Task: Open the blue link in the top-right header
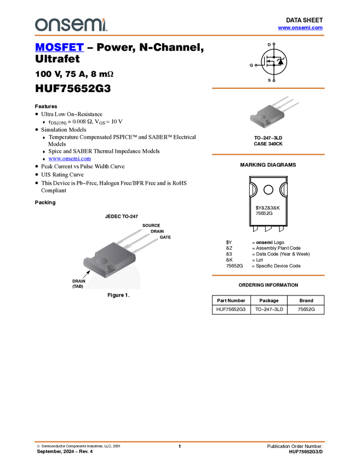(x=300, y=28)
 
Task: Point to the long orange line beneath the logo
(x=179, y=36)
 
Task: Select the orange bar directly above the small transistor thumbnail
(x=268, y=88)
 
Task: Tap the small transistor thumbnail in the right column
(x=274, y=112)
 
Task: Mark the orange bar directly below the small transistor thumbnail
(x=268, y=155)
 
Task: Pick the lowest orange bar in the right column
(x=268, y=275)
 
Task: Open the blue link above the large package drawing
(x=70, y=159)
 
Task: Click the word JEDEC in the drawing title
(x=113, y=217)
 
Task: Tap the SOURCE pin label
(x=151, y=225)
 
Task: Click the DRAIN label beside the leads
(x=157, y=231)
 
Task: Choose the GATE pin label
(x=165, y=237)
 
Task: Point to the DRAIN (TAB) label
(x=78, y=283)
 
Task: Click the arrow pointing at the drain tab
(x=87, y=272)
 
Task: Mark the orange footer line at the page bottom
(x=179, y=441)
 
